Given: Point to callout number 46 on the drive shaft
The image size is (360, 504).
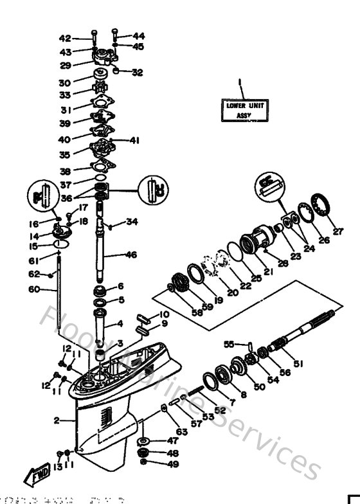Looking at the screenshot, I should click(130, 255).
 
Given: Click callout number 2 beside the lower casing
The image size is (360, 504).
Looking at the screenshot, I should click(57, 420).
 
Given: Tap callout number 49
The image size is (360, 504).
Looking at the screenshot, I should click(155, 464).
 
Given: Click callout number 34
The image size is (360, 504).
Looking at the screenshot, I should click(132, 222).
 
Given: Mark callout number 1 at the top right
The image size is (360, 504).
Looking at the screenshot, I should click(239, 82).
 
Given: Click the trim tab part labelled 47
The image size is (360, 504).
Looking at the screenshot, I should click(142, 441).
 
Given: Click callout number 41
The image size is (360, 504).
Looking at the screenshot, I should click(134, 140).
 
